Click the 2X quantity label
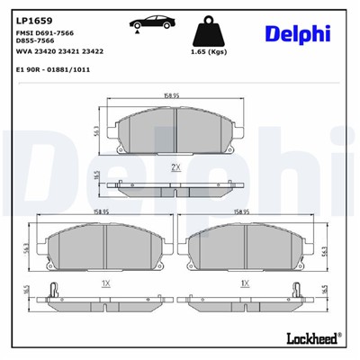click(176, 167)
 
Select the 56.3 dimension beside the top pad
click(96, 132)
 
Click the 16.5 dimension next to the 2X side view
click(96, 179)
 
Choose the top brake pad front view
click(176, 133)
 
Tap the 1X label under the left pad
click(105, 283)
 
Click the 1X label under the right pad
click(244, 283)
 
